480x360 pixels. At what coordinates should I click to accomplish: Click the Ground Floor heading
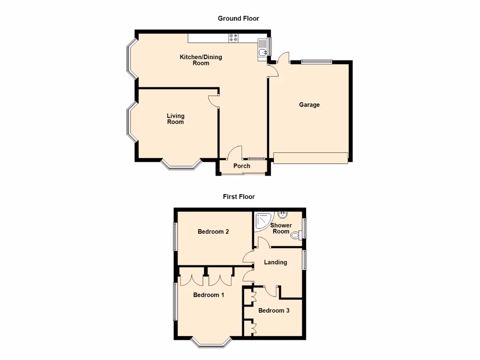(238, 18)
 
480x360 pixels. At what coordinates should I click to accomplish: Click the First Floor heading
(239, 197)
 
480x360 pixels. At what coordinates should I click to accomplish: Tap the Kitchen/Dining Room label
(201, 60)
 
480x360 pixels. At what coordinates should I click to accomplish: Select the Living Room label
(176, 119)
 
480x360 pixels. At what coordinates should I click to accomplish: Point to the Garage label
(309, 105)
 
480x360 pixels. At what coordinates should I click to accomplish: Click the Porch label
(242, 166)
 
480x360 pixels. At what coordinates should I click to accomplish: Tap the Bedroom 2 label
(213, 232)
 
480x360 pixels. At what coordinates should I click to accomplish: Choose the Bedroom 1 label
(209, 295)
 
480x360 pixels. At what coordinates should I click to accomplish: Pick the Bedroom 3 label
(274, 310)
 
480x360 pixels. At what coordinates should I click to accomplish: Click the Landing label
(275, 262)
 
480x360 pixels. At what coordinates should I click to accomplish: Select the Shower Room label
(281, 228)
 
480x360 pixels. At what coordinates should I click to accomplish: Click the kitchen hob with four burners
(233, 38)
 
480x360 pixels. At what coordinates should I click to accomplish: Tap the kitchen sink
(262, 49)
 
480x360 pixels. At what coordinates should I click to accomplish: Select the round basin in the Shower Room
(283, 215)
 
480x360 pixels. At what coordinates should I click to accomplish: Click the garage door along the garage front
(311, 158)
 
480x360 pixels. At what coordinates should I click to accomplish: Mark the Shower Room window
(304, 228)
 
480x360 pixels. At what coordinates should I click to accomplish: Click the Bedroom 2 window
(175, 236)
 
